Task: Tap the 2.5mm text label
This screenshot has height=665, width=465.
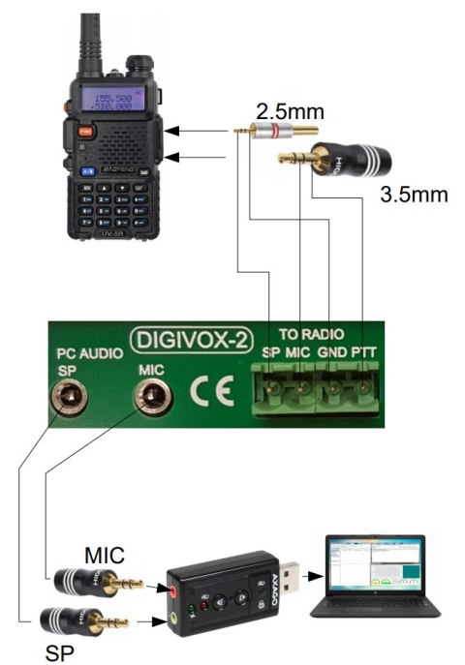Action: tap(282, 111)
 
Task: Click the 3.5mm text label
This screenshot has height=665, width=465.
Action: tap(415, 195)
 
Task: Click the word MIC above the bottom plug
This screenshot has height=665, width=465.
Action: tap(104, 557)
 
